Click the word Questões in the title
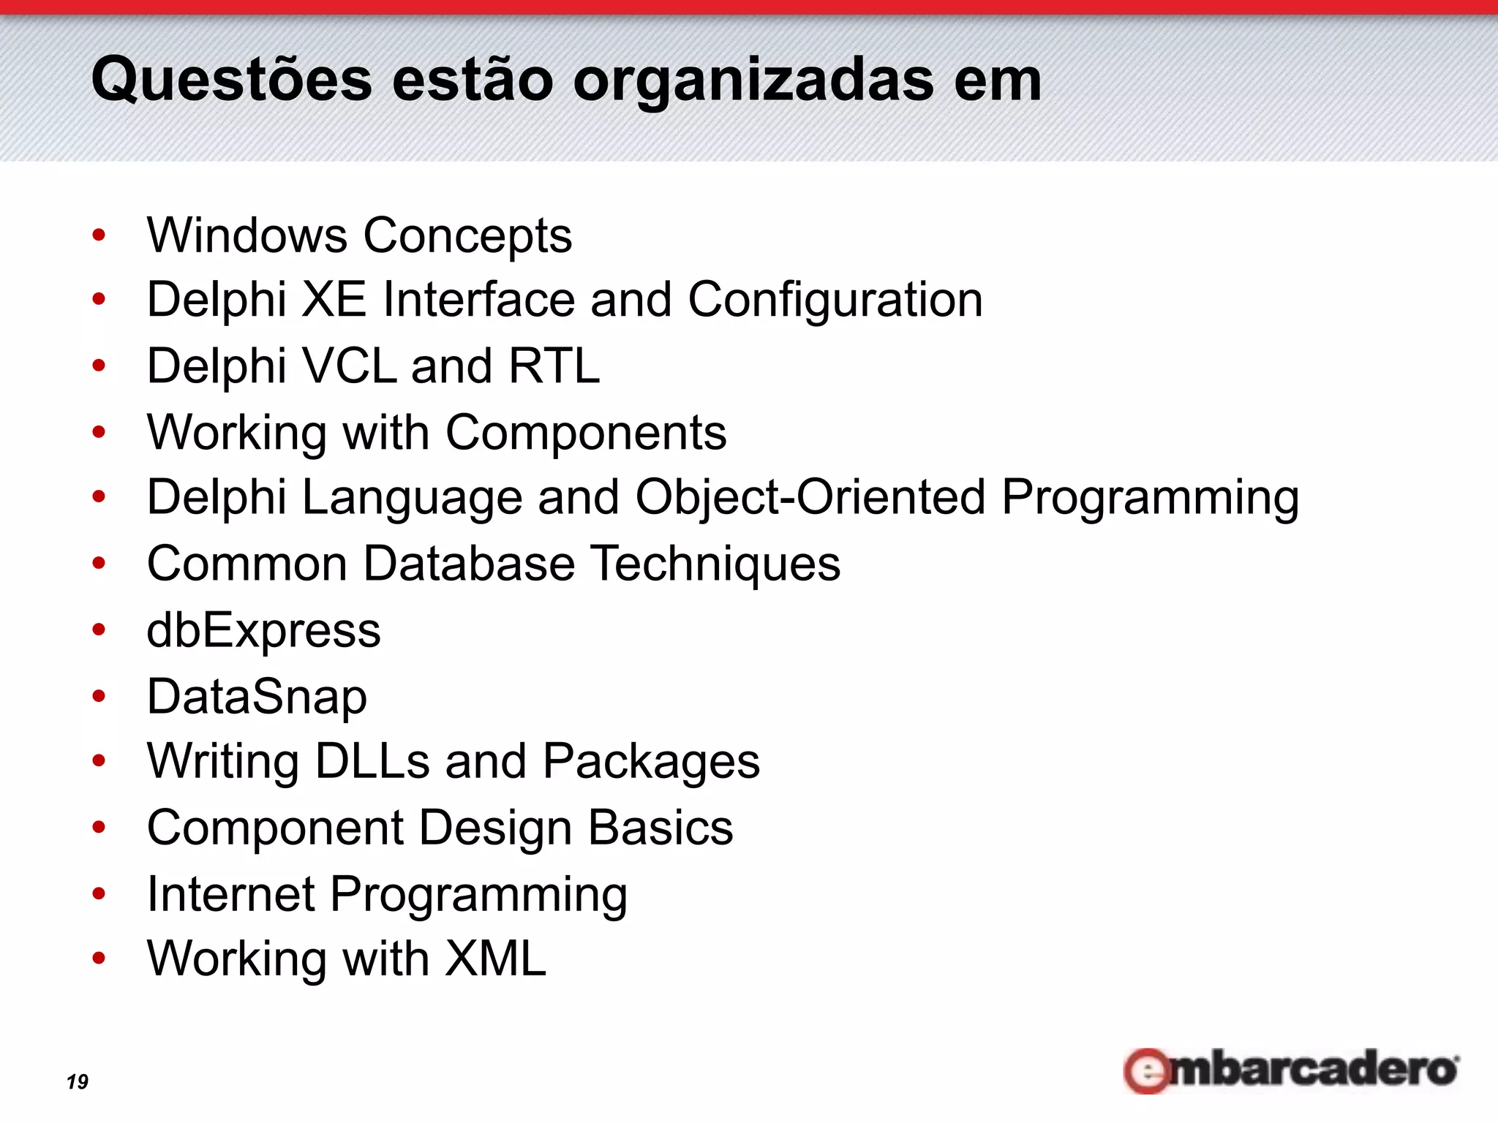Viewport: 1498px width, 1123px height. click(231, 80)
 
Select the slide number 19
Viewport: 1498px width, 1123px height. click(77, 1081)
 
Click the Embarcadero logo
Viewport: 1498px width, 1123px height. click(1291, 1070)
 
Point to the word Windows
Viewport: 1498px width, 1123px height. click(247, 235)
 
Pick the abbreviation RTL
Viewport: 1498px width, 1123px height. click(554, 366)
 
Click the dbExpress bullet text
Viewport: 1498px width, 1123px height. click(263, 630)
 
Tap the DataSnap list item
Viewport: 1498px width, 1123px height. click(257, 696)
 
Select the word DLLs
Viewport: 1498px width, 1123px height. click(372, 761)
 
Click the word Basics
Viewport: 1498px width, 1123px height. click(660, 828)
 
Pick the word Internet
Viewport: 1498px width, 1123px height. click(230, 893)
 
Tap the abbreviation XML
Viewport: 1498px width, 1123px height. click(495, 958)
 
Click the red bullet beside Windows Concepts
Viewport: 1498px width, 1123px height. click(99, 235)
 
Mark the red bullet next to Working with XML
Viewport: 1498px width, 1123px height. click(99, 958)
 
